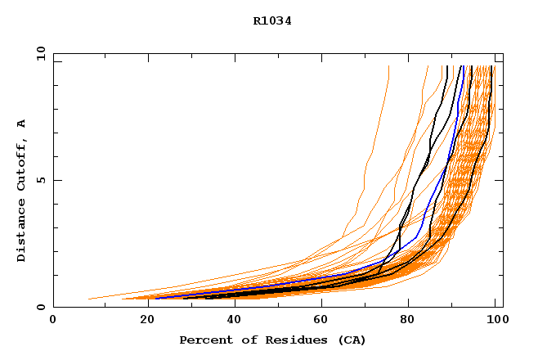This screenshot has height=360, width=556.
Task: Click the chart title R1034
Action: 272,21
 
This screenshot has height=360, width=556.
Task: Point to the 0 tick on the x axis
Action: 53,319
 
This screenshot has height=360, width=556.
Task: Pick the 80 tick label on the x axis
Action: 408,319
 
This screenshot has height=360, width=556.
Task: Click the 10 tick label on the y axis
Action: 40,53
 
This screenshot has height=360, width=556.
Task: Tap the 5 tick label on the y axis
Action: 40,180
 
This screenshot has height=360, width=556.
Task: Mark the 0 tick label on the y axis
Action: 40,307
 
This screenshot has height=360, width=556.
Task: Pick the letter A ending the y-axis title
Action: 22,124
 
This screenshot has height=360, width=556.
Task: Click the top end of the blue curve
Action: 463,66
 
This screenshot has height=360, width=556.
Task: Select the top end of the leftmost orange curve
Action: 388,66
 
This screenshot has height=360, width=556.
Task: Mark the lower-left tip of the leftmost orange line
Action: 88,299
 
